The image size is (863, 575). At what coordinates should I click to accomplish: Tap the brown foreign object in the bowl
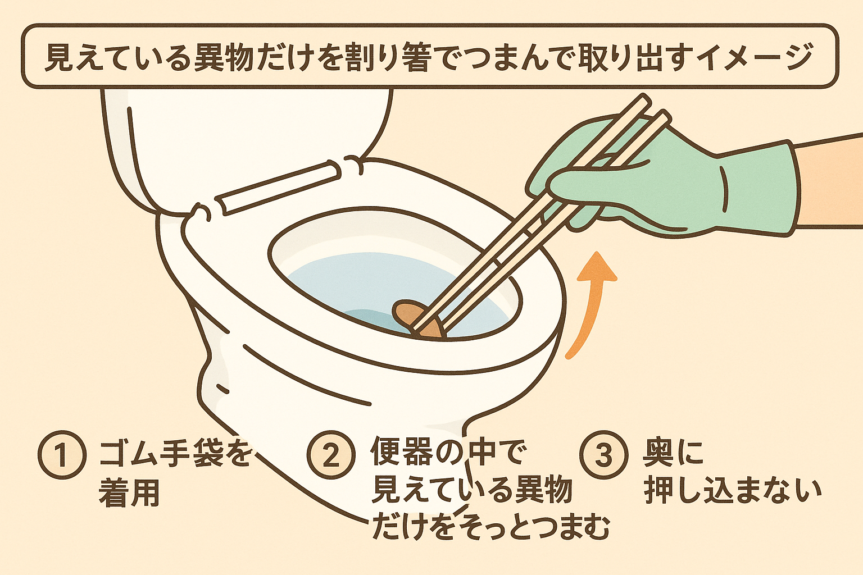click(416, 320)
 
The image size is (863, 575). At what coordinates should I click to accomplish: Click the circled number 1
click(62, 454)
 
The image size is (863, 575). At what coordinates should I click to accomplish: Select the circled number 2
click(331, 454)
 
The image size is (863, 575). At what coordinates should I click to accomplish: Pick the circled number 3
click(603, 454)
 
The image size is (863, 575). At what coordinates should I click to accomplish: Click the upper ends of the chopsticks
click(652, 112)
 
